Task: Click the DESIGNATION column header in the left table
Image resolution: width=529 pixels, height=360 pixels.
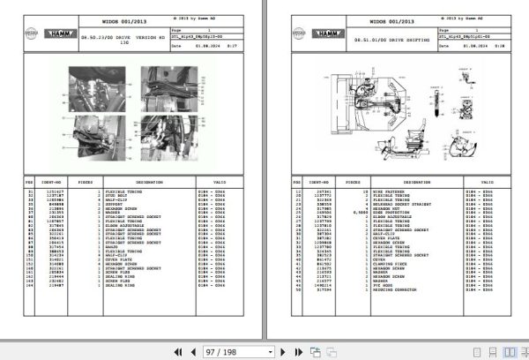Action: click(144, 181)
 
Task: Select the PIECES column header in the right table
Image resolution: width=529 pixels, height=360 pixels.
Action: click(354, 181)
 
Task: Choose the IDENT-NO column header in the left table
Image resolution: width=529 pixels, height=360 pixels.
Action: click(51, 181)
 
